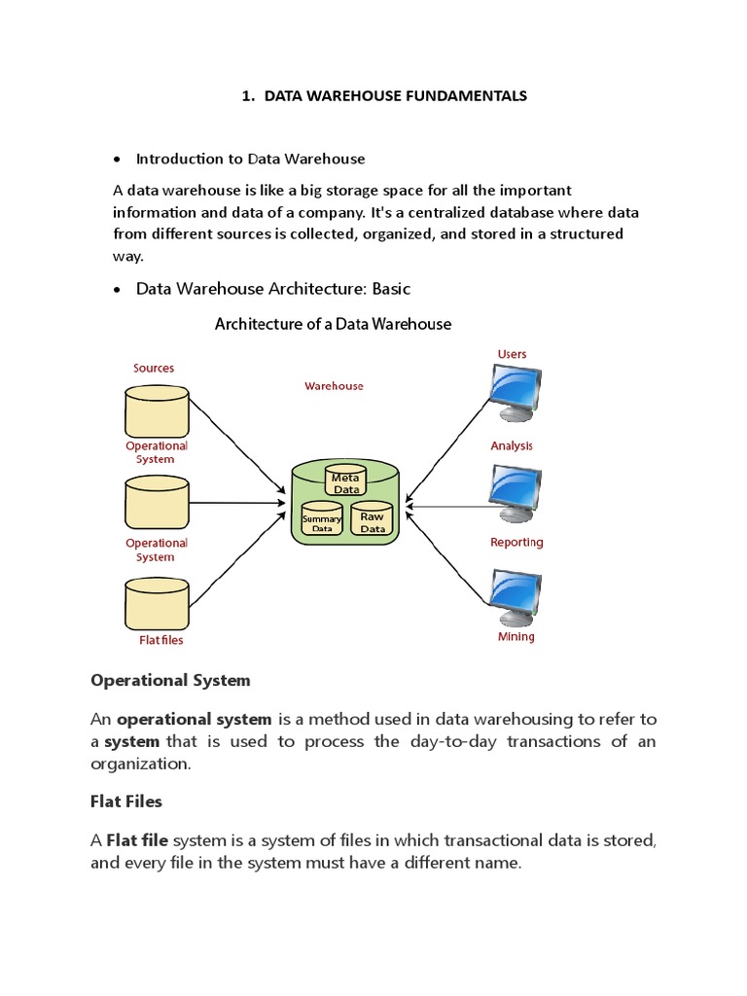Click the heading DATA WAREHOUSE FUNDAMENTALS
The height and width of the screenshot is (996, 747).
coord(383,95)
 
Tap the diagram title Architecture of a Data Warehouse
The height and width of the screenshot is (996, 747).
coord(333,324)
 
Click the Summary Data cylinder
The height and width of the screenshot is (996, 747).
coord(321,520)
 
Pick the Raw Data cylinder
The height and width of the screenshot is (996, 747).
coord(372,519)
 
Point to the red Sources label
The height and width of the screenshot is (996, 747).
coord(154,368)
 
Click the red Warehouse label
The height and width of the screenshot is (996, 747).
coord(334,386)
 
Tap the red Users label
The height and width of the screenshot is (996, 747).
coord(512,354)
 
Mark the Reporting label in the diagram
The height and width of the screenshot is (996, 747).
coord(516,542)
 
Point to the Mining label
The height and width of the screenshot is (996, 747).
coord(516,637)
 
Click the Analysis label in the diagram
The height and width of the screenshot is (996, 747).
coord(512,445)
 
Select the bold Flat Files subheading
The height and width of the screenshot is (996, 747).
coord(126,801)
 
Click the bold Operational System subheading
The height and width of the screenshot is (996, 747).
coord(170,680)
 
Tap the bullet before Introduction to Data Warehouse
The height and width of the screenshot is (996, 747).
coord(117,160)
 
